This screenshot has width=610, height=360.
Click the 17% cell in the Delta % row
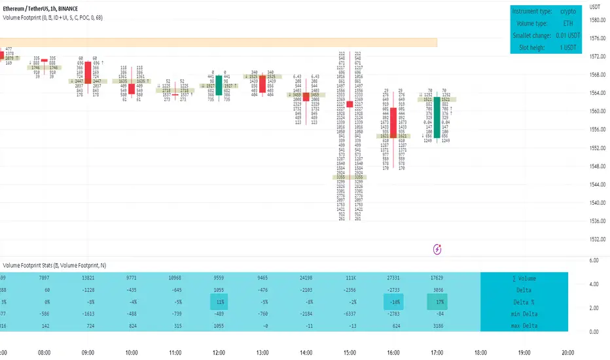439,302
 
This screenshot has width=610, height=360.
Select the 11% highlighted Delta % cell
220,302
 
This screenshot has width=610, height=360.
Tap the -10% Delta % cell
395,302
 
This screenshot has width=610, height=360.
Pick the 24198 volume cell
308,278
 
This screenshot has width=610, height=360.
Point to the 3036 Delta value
439,290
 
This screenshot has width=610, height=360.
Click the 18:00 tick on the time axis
481,351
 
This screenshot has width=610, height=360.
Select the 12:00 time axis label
220,351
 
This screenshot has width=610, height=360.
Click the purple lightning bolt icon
438,249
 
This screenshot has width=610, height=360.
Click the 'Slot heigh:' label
534,47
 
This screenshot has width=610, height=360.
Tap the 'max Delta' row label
523,325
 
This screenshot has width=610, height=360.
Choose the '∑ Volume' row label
523,278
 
